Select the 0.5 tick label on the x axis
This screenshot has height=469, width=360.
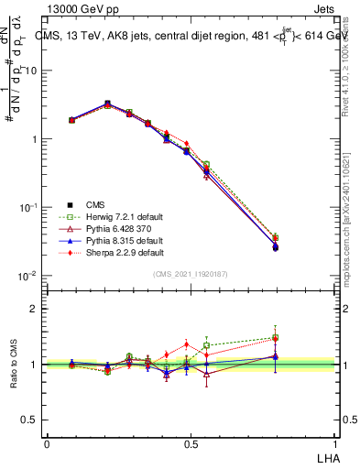pos(191,442)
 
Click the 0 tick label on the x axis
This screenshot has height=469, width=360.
pos(47,442)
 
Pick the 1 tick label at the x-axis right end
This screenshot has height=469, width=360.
pos(336,442)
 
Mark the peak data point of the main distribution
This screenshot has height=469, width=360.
pos(107,104)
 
